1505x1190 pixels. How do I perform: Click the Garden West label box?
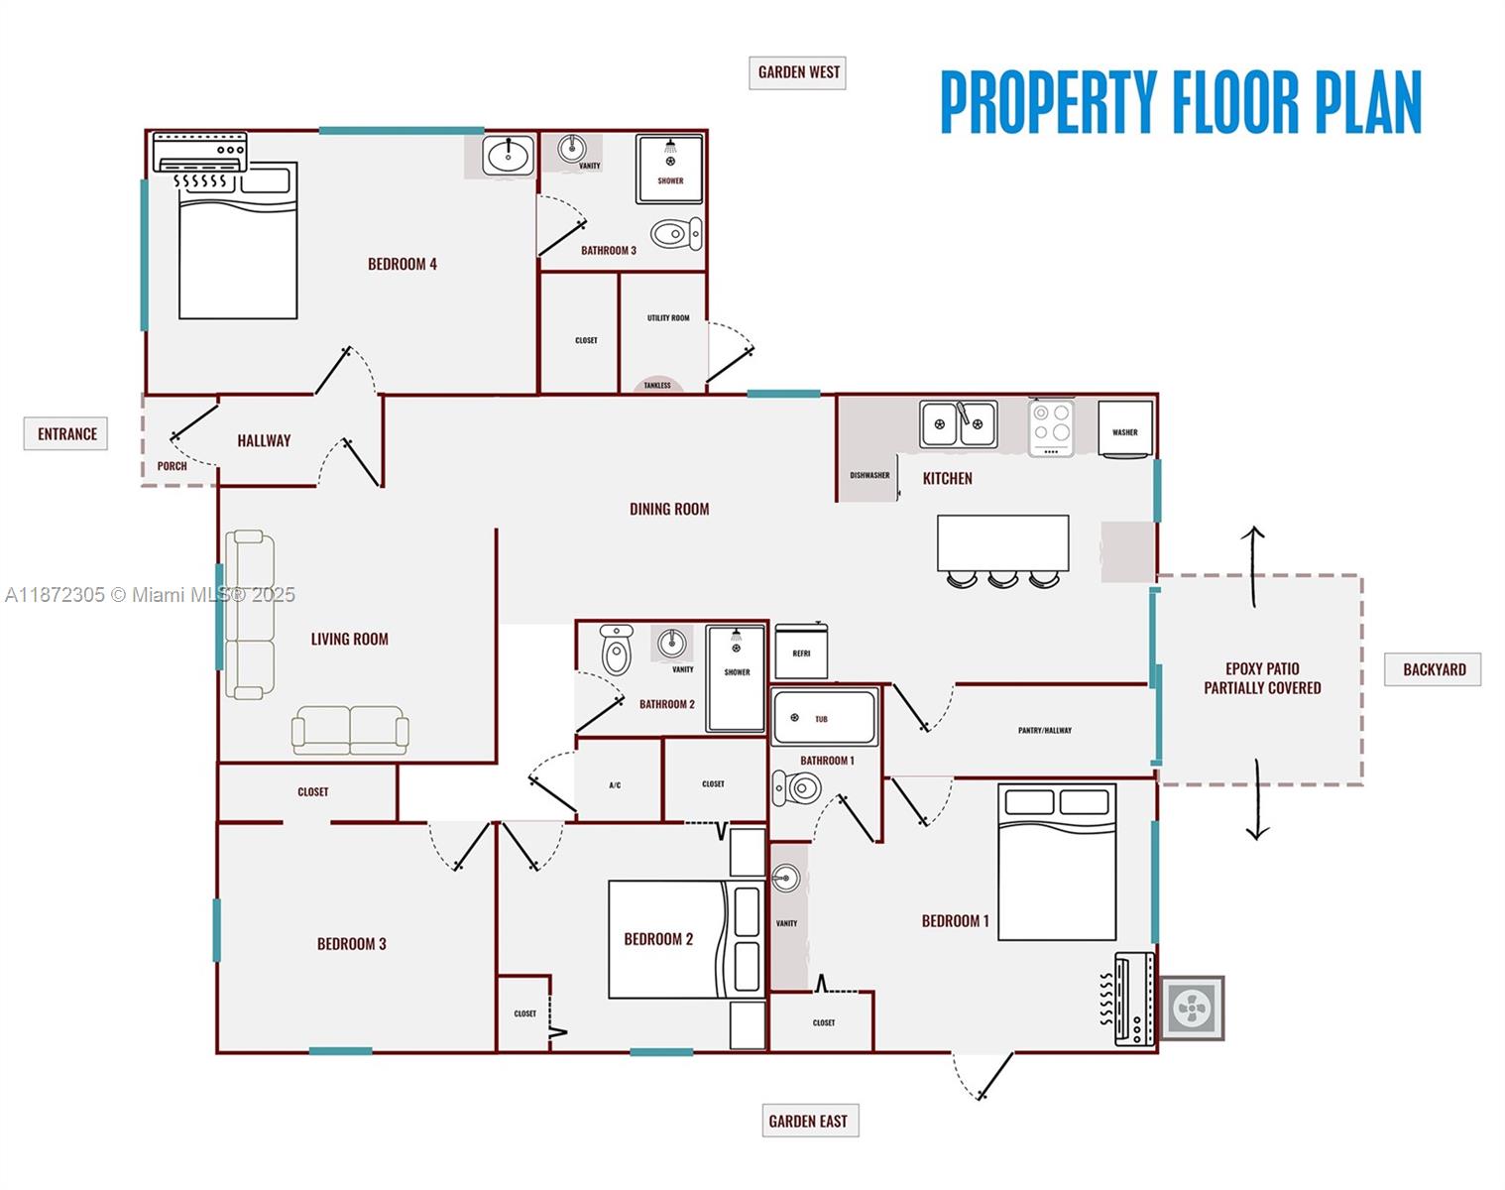pyautogui.click(x=797, y=72)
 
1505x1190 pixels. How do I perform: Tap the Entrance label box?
pyautogui.click(x=66, y=434)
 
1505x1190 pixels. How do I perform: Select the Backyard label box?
pyautogui.click(x=1433, y=669)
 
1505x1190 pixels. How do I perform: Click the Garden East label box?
pyautogui.click(x=809, y=1121)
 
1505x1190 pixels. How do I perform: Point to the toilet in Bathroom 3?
pyautogui.click(x=675, y=235)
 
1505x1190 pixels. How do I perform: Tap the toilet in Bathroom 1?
pyautogui.click(x=798, y=788)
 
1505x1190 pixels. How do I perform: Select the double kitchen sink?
pyautogui.click(x=958, y=424)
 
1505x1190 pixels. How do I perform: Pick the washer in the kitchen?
pyautogui.click(x=1125, y=428)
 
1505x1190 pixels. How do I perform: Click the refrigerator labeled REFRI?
pyautogui.click(x=801, y=652)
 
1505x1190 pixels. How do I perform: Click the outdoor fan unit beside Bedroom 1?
pyautogui.click(x=1192, y=1009)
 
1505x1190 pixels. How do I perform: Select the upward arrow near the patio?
pyautogui.click(x=1253, y=565)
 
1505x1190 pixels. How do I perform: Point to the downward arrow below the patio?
pyautogui.click(x=1257, y=799)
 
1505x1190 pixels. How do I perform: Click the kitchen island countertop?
pyautogui.click(x=1002, y=542)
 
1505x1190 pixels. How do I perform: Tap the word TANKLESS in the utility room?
pyautogui.click(x=657, y=385)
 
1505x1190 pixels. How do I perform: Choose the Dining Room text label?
pyautogui.click(x=669, y=509)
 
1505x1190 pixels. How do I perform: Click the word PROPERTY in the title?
pyautogui.click(x=1048, y=102)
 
